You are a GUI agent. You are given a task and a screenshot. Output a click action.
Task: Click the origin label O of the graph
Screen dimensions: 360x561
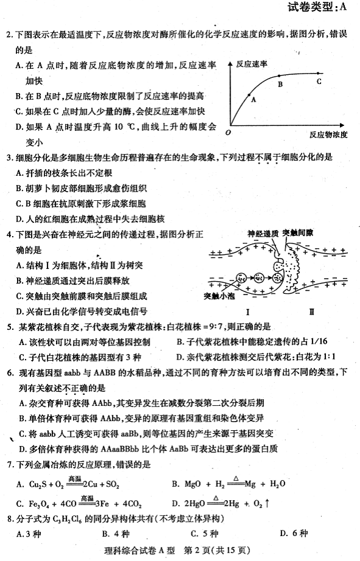pyautogui.click(x=227, y=132)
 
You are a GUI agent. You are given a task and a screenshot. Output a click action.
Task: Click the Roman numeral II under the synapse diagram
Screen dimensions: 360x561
pyautogui.click(x=311, y=312)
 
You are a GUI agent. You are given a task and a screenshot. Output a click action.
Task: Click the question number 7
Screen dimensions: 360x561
pyautogui.click(x=9, y=465)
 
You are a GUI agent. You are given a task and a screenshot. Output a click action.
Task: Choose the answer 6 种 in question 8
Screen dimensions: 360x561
pyautogui.click(x=296, y=534)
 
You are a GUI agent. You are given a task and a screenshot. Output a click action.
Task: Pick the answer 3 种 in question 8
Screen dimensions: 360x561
pyautogui.click(x=30, y=534)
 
